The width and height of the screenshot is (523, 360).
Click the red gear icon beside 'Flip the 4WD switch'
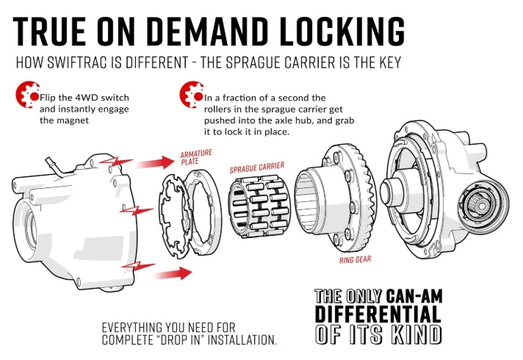pos(26,95)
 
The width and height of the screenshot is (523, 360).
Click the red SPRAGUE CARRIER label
pos(256,168)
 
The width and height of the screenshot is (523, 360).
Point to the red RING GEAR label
pos(355,259)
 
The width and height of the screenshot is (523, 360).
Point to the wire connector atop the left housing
pos(51,162)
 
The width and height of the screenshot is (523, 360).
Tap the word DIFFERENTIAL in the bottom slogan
pos(378,315)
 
